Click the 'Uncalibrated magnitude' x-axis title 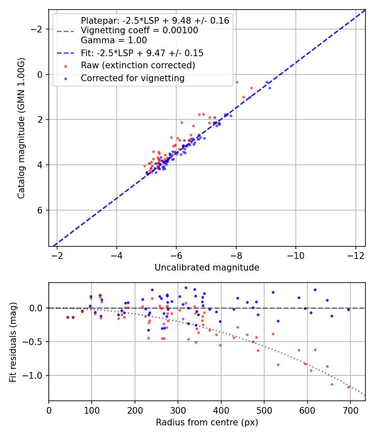tap(207, 268)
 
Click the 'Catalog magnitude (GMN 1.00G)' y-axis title tap(21, 128)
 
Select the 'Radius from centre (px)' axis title tap(207, 422)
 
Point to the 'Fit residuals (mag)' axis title tap(13, 342)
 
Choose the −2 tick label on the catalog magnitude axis tap(37, 29)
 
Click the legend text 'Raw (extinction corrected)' tap(138, 65)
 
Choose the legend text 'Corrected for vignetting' tap(132, 78)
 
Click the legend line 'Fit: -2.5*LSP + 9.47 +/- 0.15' tap(142, 53)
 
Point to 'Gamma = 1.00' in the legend tap(114, 40)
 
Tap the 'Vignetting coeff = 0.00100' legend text tap(140, 30)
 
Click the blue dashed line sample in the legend tap(65, 53)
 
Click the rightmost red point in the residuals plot tap(348, 387)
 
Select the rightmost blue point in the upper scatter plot tap(270, 88)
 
